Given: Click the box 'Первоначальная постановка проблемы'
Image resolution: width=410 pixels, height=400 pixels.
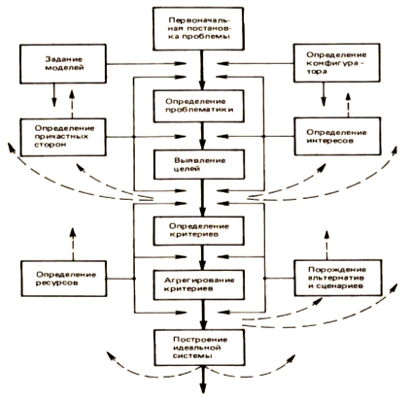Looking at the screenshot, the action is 198,29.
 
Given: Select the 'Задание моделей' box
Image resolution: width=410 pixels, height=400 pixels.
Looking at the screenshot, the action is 63,64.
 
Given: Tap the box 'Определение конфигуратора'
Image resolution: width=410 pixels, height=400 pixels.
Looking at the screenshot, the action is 337,63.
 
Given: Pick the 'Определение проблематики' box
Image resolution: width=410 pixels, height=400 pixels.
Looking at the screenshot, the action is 199,106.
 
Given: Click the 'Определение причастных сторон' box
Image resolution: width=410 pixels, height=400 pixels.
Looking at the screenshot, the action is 63,137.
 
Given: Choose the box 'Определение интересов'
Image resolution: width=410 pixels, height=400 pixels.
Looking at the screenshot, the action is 338,136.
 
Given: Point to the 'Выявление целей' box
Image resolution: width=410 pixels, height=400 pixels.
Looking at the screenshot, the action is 199,164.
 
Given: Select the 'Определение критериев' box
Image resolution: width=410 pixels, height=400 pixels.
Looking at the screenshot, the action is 199,231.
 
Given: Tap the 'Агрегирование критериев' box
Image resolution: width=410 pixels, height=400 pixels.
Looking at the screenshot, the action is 199,284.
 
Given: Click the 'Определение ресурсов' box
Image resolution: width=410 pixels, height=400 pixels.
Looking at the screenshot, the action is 64,279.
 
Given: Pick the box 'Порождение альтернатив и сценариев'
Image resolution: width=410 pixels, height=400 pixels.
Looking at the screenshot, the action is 338,278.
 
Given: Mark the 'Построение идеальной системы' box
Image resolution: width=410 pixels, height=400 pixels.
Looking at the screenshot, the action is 199,348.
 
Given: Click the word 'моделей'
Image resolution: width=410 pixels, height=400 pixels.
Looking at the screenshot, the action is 64,68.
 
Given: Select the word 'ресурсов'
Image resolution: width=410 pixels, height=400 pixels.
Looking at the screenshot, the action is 56,283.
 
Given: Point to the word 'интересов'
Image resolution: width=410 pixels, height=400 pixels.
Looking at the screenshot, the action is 330,141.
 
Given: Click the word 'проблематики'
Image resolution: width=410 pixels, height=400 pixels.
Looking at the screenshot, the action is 199,110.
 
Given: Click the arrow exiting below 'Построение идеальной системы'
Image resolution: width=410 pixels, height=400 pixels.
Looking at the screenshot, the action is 203,380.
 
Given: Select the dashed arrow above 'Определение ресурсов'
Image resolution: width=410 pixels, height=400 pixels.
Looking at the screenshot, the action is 73,244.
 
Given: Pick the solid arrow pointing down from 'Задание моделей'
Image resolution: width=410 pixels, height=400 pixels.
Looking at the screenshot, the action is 54,95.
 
